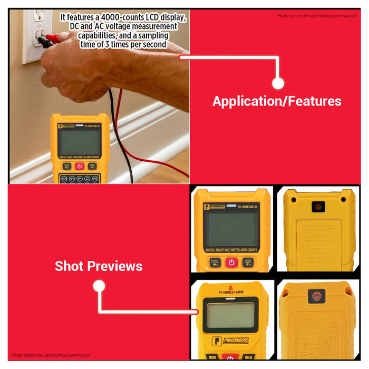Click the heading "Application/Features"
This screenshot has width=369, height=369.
(277, 101)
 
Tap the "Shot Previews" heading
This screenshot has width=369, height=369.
(99, 266)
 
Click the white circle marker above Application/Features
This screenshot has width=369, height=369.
(278, 83)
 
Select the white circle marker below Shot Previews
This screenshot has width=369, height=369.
(99, 286)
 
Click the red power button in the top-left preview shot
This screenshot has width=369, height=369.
(231, 262)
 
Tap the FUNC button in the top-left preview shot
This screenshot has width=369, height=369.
(215, 262)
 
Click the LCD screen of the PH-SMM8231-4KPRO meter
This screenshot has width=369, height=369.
(230, 316)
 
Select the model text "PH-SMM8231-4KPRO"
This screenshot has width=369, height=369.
(230, 292)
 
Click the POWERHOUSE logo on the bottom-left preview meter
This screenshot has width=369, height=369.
(232, 341)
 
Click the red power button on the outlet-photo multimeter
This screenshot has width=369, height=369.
(79, 166)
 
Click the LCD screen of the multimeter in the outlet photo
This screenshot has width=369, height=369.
(79, 141)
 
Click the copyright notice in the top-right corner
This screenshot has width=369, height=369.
(316, 16)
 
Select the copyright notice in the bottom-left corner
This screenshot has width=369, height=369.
(51, 355)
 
